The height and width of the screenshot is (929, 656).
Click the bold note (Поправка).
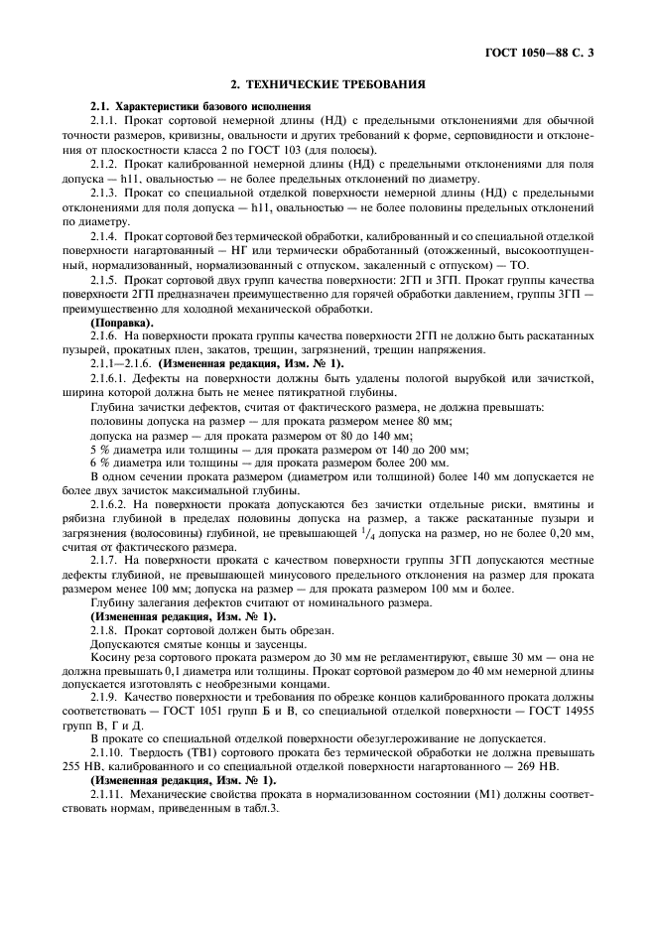(122, 324)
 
